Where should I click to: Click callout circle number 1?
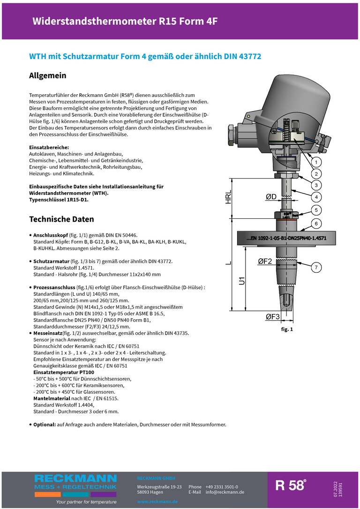click(316, 162)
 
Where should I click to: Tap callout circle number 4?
click(316, 197)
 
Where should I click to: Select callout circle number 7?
click(316, 268)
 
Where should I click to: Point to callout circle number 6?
click(316, 224)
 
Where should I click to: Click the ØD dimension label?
click(271, 197)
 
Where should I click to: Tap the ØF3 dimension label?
click(272, 317)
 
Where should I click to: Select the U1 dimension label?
click(242, 281)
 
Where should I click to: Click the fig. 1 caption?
click(287, 329)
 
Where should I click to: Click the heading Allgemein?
click(48, 75)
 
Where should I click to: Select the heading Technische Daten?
click(61, 219)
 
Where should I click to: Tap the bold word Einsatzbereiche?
click(49, 148)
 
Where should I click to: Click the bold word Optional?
click(44, 425)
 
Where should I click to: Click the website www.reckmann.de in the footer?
click(157, 502)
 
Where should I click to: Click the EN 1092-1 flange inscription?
click(286, 239)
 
